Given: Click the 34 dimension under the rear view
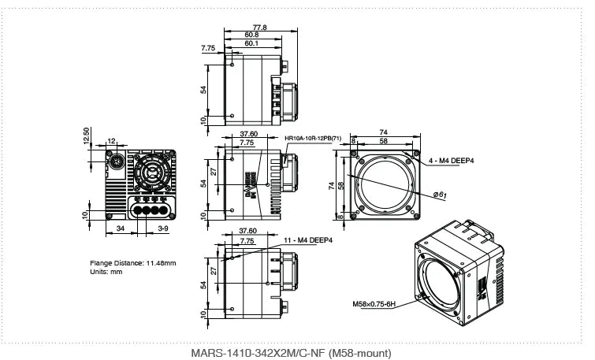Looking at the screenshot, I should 120,228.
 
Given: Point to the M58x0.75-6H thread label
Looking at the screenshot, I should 374,302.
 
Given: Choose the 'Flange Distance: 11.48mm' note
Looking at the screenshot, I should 132,262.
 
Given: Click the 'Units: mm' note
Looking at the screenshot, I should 106,272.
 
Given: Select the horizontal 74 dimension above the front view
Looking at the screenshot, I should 384,132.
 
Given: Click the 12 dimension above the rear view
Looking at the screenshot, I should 111,142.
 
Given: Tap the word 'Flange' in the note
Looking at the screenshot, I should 102,262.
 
